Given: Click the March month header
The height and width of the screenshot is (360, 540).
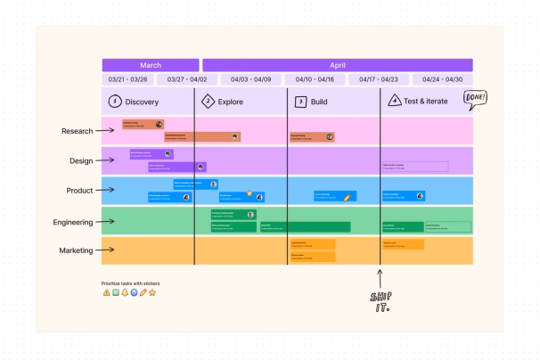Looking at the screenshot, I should [x=150, y=65].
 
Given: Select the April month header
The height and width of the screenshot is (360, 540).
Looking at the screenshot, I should [x=337, y=65].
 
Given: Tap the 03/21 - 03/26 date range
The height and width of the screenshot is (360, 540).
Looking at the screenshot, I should [x=127, y=79].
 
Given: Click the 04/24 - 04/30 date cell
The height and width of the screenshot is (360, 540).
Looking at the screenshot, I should [x=443, y=79].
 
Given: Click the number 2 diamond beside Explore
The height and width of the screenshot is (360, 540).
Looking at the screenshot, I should [x=209, y=102].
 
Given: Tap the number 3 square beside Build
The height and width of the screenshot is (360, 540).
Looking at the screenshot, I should [x=300, y=102].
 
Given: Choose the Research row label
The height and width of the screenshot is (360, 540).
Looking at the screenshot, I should [x=78, y=131].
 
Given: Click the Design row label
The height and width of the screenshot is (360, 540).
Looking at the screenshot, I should [x=81, y=161].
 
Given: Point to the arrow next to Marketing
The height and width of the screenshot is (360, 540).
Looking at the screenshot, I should [x=107, y=250].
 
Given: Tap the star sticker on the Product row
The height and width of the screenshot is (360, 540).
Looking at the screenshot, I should [x=250, y=192].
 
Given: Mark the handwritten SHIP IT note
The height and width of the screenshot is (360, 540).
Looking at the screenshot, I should [x=381, y=302].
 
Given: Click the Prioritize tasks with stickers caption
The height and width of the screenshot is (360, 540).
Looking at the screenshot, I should [x=131, y=283].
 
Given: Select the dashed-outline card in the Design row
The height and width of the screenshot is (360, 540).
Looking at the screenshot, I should [x=415, y=167].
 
